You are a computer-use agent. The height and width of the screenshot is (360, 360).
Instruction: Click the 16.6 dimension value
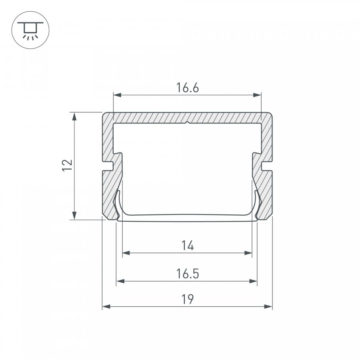coord(187,88)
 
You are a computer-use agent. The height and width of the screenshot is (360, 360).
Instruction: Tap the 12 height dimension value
coord(67,165)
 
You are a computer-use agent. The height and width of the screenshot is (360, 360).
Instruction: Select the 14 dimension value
coord(188,246)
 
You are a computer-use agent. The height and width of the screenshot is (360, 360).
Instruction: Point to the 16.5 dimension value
coord(187,274)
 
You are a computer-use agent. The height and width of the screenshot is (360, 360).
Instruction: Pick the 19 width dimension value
coord(188,299)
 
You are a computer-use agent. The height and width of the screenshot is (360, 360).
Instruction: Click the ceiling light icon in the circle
coord(30,30)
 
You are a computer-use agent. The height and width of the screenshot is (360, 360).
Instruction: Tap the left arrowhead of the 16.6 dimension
coord(117,95)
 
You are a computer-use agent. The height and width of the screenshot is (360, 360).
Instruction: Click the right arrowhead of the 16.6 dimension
coord(257,95)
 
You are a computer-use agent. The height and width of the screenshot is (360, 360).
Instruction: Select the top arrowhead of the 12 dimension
coord(74,116)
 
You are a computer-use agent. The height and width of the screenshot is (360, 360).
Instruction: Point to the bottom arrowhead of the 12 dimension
coord(74,216)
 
